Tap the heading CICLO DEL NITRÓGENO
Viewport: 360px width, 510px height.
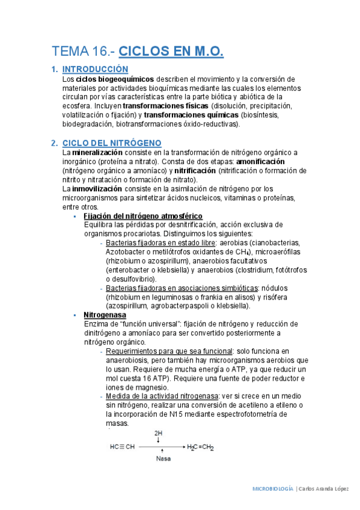click(x=112, y=143)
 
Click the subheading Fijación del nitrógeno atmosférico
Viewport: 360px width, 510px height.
click(x=143, y=217)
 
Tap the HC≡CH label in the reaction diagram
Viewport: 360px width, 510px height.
click(x=122, y=447)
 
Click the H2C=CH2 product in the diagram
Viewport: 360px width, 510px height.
click(x=201, y=447)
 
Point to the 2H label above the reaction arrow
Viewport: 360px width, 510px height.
click(x=159, y=433)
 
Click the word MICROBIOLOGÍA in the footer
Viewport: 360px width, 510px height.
click(x=273, y=489)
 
